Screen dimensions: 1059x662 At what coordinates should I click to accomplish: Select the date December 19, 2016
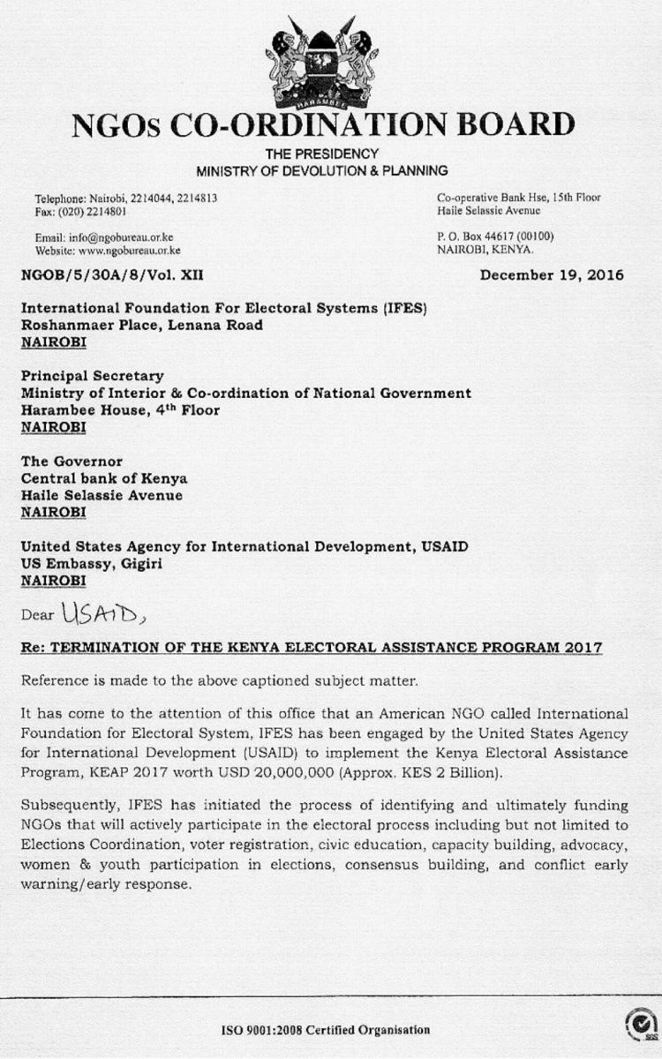coord(552,274)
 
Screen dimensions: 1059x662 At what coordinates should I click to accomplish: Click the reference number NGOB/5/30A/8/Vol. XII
coord(112,275)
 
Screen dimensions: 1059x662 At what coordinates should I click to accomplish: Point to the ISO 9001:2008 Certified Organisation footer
coord(325,1030)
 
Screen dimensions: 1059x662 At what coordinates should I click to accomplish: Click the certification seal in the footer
coord(637,1025)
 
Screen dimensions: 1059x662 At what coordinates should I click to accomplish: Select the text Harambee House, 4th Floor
coord(120,409)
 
